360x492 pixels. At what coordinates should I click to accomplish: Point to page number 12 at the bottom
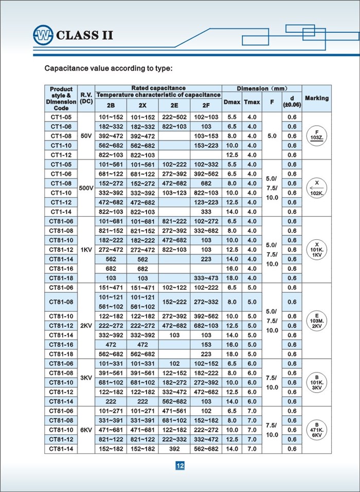click(x=180, y=466)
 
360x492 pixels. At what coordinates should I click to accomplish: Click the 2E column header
click(x=174, y=106)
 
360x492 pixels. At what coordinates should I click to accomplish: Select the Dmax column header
click(x=232, y=102)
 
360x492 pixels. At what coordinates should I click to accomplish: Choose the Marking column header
click(x=316, y=98)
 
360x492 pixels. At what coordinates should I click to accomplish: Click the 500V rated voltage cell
click(x=85, y=188)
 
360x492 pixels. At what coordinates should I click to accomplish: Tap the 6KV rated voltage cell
click(x=85, y=429)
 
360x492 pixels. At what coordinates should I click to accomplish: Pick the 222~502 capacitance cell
click(x=174, y=117)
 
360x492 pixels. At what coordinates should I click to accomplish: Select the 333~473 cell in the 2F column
click(x=206, y=278)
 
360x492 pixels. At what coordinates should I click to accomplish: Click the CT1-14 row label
click(x=61, y=212)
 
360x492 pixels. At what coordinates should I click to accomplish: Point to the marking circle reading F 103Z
click(x=316, y=136)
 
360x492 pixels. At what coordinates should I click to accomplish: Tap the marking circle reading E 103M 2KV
click(x=316, y=321)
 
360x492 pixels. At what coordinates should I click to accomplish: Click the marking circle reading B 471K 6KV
click(x=316, y=429)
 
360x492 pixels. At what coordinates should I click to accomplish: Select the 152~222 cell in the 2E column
click(x=174, y=302)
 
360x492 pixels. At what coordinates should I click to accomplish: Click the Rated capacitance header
click(x=158, y=88)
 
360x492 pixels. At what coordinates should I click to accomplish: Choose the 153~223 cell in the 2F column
click(x=206, y=145)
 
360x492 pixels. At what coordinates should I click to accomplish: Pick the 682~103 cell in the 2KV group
click(x=206, y=326)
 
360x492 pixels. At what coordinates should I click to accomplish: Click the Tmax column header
click(x=251, y=102)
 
